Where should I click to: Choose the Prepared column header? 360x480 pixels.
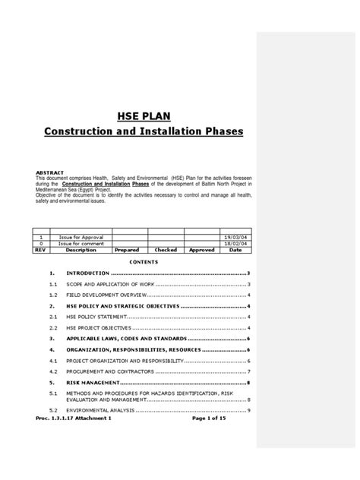point(128,249)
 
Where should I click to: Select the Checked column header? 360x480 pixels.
point(165,249)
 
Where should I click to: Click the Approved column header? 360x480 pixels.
point(201,249)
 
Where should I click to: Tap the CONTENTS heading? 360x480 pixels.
point(143,261)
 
